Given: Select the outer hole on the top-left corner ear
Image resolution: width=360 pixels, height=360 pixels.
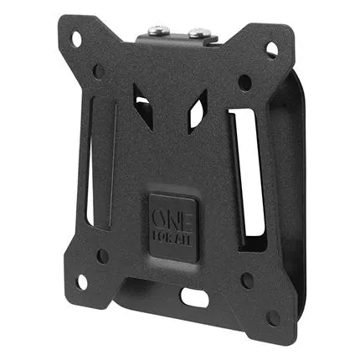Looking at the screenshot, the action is (77, 39).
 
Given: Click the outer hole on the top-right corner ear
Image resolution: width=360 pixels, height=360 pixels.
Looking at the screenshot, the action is (271, 49).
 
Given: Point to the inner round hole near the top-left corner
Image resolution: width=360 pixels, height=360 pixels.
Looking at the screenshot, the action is (98, 71).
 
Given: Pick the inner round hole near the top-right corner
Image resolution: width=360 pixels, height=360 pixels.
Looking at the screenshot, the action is (245, 83).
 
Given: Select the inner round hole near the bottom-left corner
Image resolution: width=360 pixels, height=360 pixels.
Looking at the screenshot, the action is (103, 255).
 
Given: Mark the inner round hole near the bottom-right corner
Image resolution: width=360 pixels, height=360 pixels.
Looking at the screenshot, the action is (247, 281).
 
